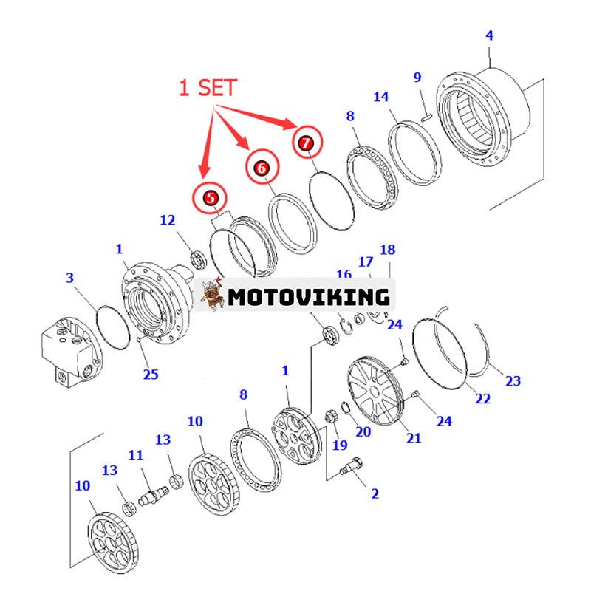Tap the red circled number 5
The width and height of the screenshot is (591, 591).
211,197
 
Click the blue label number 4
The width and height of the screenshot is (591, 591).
489,35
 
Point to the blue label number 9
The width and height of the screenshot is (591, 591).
417,77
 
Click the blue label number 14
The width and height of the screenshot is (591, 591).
380,97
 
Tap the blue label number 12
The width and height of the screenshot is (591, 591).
168,219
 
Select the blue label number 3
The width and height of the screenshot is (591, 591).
70,278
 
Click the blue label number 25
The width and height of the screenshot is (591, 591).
151,374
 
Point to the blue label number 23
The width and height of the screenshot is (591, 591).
513,381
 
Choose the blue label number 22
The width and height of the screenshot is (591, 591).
482,398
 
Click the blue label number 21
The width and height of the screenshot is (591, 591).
414,437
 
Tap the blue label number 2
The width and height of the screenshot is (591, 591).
375,493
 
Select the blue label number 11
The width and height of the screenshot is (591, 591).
135,455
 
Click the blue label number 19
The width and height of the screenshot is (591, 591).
339,445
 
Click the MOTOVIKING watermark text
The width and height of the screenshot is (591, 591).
308,296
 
